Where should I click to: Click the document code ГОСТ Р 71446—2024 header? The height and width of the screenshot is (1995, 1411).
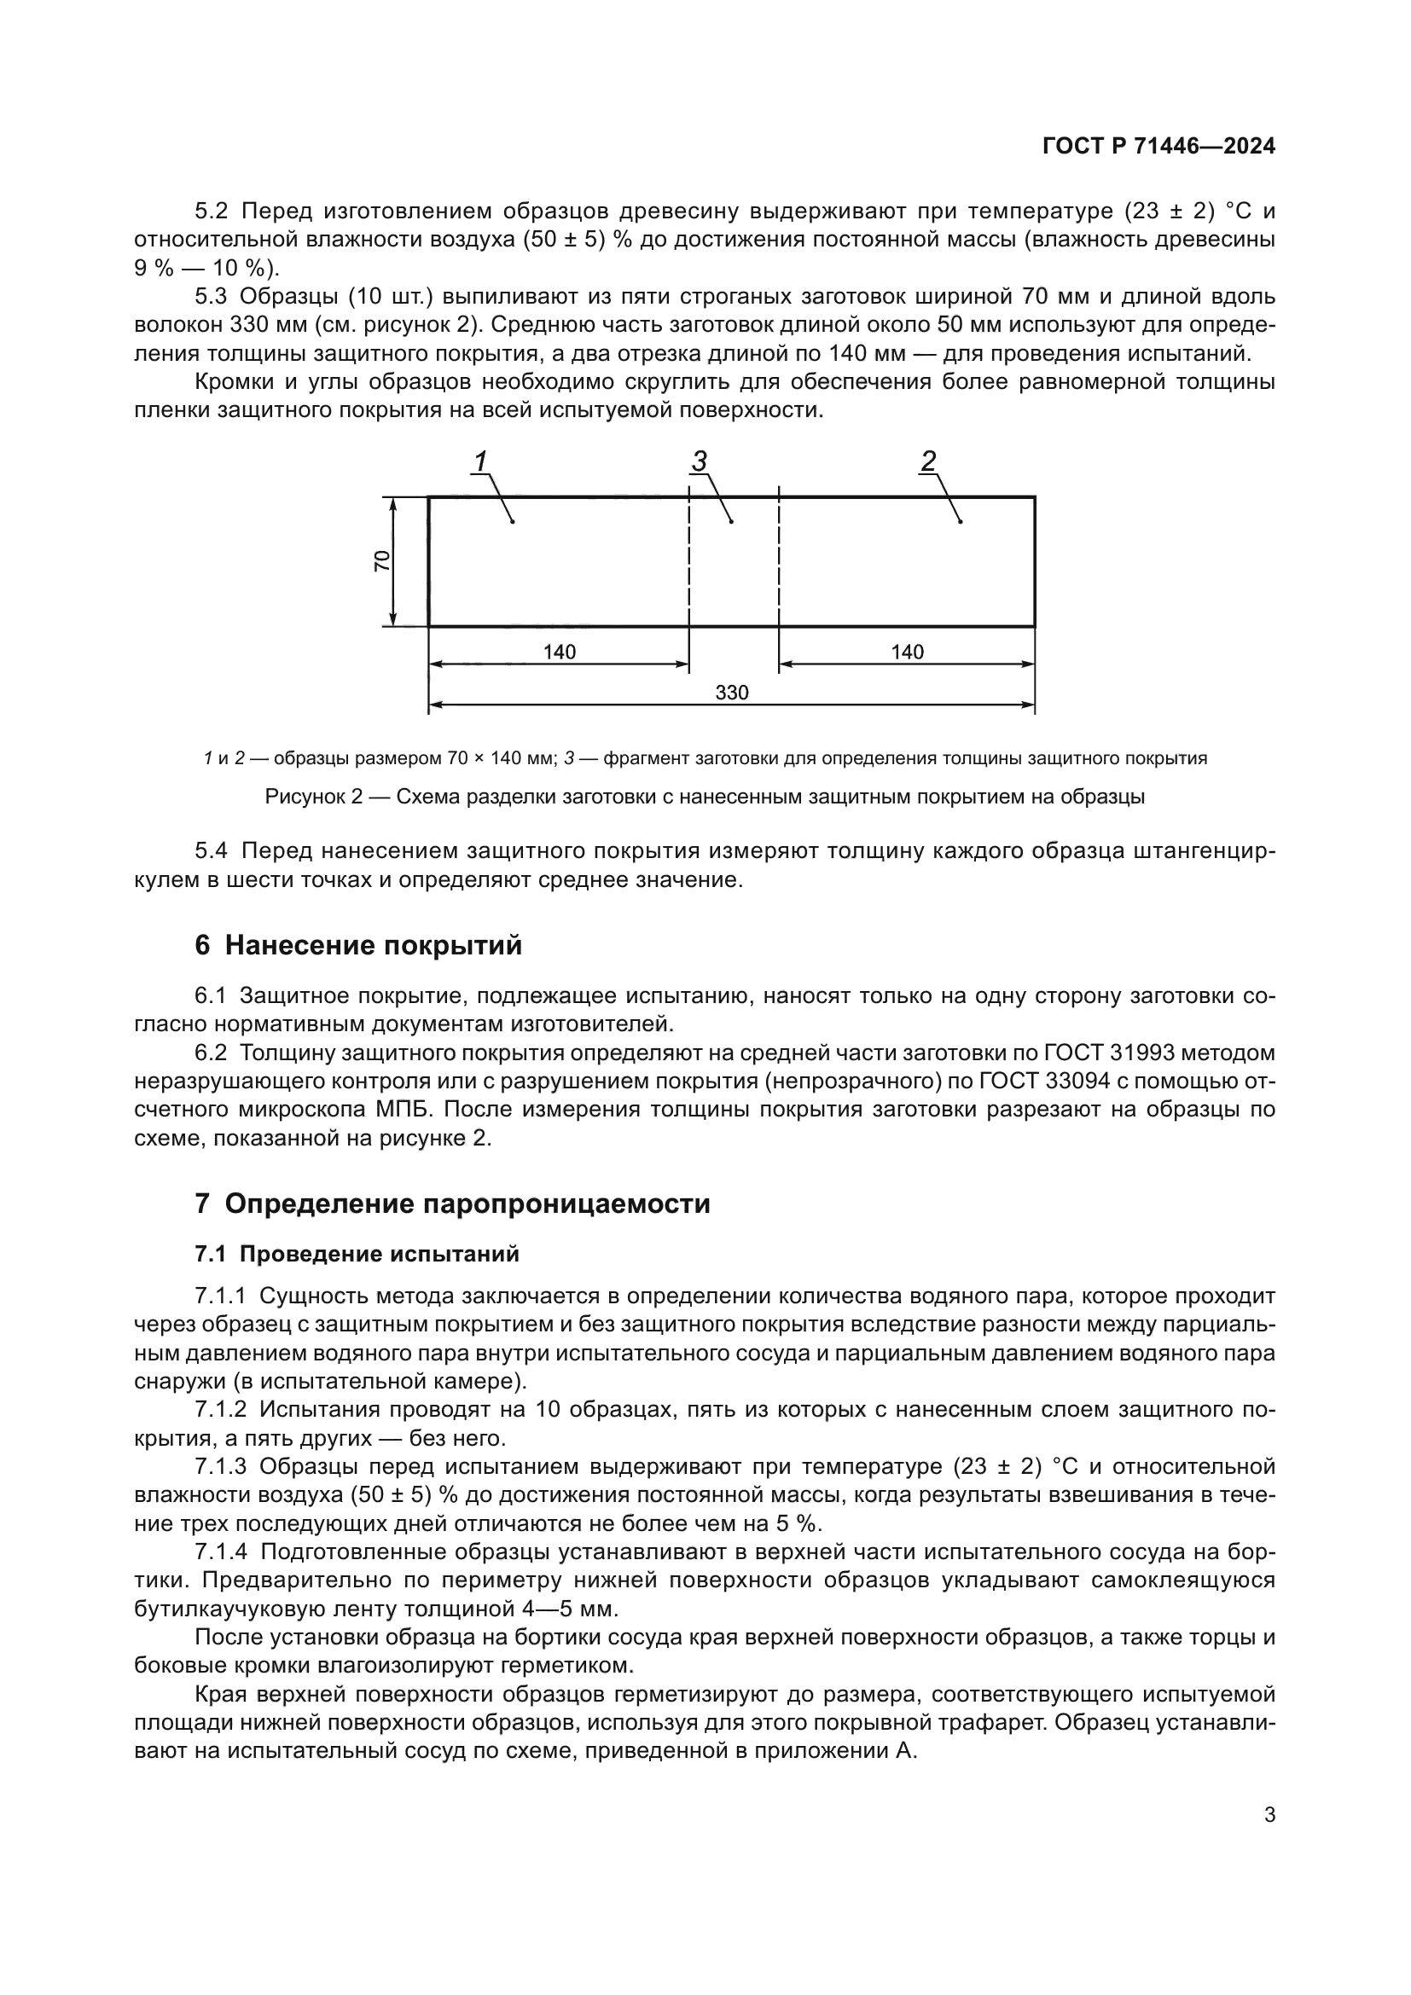[1158, 147]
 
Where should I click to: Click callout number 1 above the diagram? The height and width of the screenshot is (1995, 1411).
[479, 461]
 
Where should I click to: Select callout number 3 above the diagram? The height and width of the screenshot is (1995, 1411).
[700, 461]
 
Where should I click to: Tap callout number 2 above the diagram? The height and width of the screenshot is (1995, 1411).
[928, 461]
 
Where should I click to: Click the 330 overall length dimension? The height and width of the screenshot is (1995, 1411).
[732, 693]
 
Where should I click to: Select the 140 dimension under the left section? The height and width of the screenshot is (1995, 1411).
[560, 652]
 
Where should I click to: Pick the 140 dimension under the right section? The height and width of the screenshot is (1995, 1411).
[907, 652]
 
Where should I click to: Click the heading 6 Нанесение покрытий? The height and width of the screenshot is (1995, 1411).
[358, 945]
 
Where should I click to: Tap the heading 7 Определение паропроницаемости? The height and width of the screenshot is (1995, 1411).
[452, 1204]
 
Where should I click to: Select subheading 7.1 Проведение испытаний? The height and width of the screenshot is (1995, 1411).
[357, 1254]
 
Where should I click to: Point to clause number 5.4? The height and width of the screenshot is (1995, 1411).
[211, 850]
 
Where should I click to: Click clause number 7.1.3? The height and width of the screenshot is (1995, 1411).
[221, 1467]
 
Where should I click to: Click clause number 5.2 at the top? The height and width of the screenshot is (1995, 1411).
[211, 212]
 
